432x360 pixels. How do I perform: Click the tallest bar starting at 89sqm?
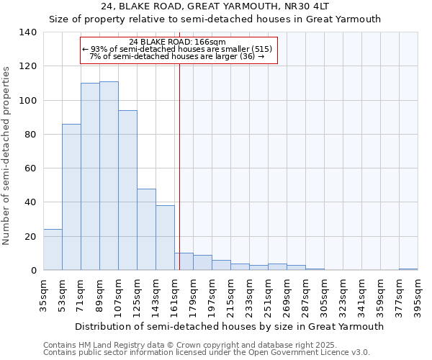coord(109,176)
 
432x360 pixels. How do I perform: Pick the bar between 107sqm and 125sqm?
coord(127,190)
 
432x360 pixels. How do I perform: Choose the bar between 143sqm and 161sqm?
coord(165,238)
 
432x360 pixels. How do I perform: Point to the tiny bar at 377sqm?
coord(408,269)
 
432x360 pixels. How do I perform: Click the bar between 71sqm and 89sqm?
coord(90,176)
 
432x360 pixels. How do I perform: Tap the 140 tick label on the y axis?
coord(28,32)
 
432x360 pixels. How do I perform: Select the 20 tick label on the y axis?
coord(31,236)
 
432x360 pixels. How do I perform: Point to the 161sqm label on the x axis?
coord(175,295)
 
